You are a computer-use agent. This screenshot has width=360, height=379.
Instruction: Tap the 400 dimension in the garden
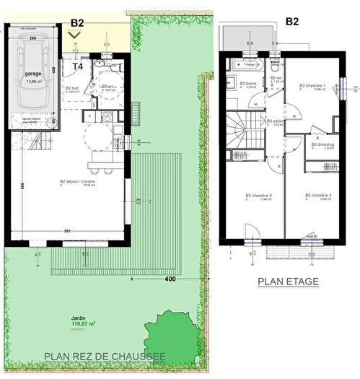pos(170,278)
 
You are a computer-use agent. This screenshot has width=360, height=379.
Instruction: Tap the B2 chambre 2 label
pos(258,196)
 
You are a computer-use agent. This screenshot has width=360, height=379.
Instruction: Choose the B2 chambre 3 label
pos(317,196)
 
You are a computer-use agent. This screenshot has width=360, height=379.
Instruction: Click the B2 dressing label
pos(322,143)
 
